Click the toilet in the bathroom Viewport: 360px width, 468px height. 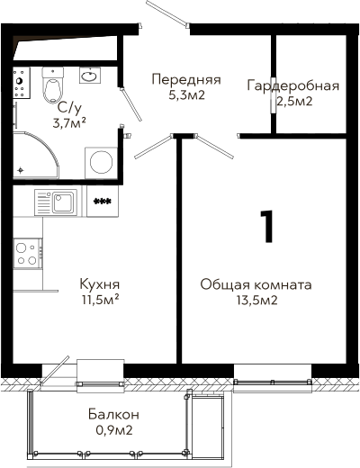[x=53, y=85]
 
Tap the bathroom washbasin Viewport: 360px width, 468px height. [x=90, y=76]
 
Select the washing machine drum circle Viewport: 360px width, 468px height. [x=102, y=162]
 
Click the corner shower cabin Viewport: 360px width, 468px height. [x=35, y=155]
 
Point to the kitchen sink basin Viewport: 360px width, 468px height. [x=62, y=202]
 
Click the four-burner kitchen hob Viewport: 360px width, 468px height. [x=28, y=254]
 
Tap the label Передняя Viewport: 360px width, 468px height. [x=186, y=79]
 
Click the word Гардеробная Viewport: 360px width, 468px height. [x=293, y=86]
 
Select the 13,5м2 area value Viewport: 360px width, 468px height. [x=256, y=300]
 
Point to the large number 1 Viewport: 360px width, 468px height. [x=267, y=226]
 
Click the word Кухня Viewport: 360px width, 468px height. [x=100, y=284]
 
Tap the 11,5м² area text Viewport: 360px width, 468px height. [x=101, y=300]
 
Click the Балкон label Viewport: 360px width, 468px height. [x=113, y=415]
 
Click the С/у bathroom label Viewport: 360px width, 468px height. [x=69, y=109]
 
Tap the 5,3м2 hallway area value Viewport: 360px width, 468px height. [x=186, y=95]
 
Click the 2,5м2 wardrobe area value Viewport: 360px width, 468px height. [x=294, y=102]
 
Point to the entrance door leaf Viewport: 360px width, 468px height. [x=166, y=12]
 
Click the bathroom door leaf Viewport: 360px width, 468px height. [x=131, y=104]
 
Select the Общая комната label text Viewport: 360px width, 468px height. [x=256, y=284]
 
